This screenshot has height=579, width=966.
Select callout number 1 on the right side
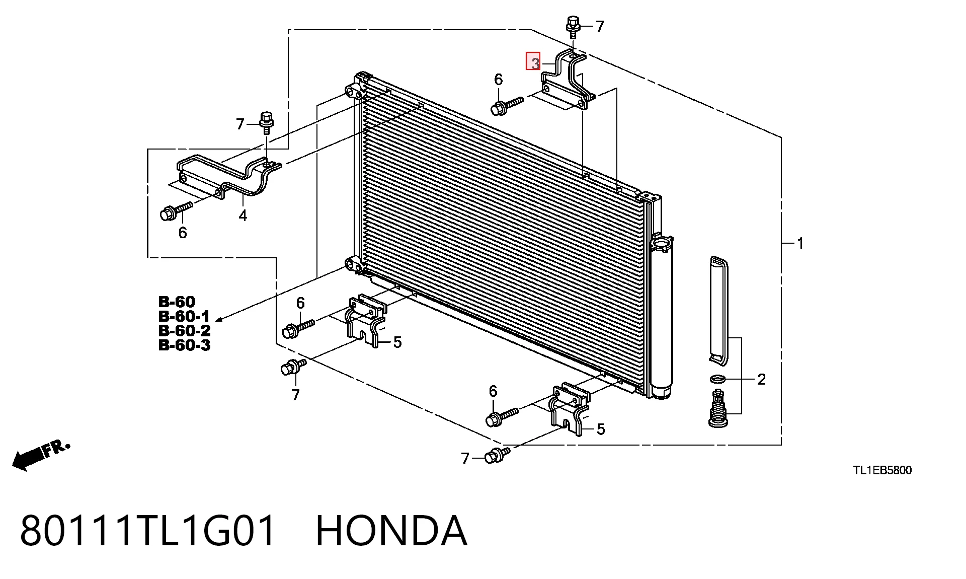pos(800,244)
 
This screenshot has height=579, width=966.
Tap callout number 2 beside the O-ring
pos(761,379)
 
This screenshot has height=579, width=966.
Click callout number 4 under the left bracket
pos(243,216)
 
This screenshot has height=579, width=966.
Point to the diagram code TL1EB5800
pos(882,470)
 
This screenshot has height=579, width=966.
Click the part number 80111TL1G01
pos(148,530)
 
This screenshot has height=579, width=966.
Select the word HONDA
pos(391,530)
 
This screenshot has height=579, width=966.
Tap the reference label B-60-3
pos(184,345)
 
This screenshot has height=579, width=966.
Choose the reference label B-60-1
pos(184,316)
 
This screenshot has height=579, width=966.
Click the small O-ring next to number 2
pos(717,379)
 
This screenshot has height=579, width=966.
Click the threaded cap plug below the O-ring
pos(718,408)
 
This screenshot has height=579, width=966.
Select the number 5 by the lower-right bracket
pos(601,429)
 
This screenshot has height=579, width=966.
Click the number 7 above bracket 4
pos(240,124)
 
